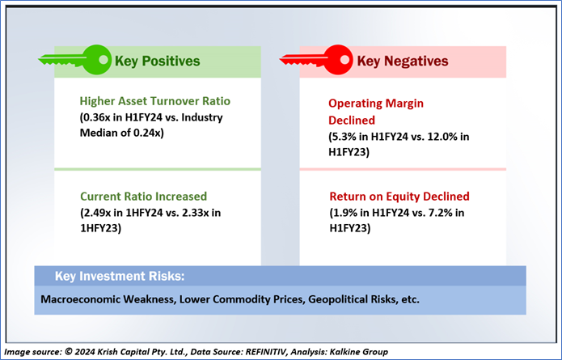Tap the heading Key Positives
coord(158,61)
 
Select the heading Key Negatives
coord(403,61)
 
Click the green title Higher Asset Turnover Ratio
coord(154,101)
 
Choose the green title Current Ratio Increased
coord(143,197)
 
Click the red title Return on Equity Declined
coord(399,197)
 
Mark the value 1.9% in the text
coord(344,213)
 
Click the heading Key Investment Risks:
coord(120,276)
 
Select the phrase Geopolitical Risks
coord(353,299)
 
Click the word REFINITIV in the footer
coord(266,352)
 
